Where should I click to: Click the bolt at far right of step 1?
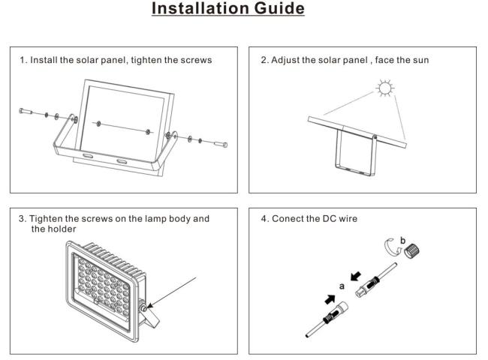click(221, 142)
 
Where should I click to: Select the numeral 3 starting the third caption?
click(22, 219)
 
